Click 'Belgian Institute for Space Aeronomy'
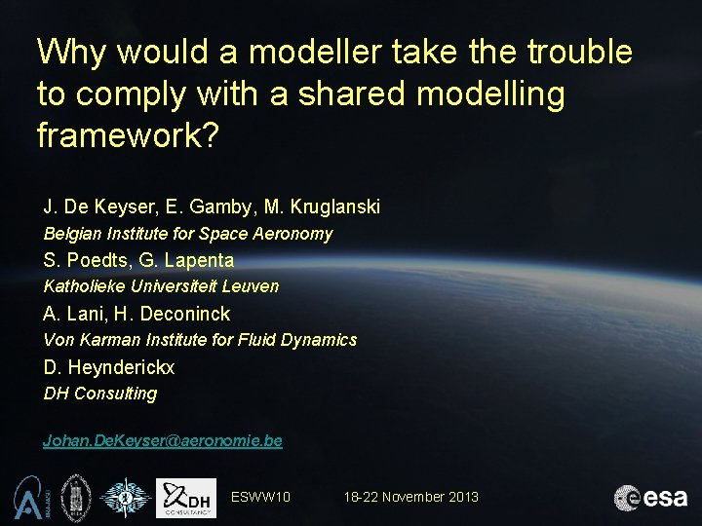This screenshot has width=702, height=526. point(188,234)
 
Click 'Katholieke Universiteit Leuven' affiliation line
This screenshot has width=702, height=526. point(162,286)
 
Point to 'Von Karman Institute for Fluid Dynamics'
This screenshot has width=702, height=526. point(200,340)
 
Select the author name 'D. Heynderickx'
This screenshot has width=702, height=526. point(109,367)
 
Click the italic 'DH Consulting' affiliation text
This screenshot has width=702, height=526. point(100,394)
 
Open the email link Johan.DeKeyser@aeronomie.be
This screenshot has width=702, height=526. point(163,440)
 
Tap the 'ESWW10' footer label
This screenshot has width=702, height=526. point(260,497)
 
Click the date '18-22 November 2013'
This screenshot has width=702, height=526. point(410,497)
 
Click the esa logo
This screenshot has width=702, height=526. point(650,497)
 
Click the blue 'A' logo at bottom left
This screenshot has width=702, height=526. point(27,497)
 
